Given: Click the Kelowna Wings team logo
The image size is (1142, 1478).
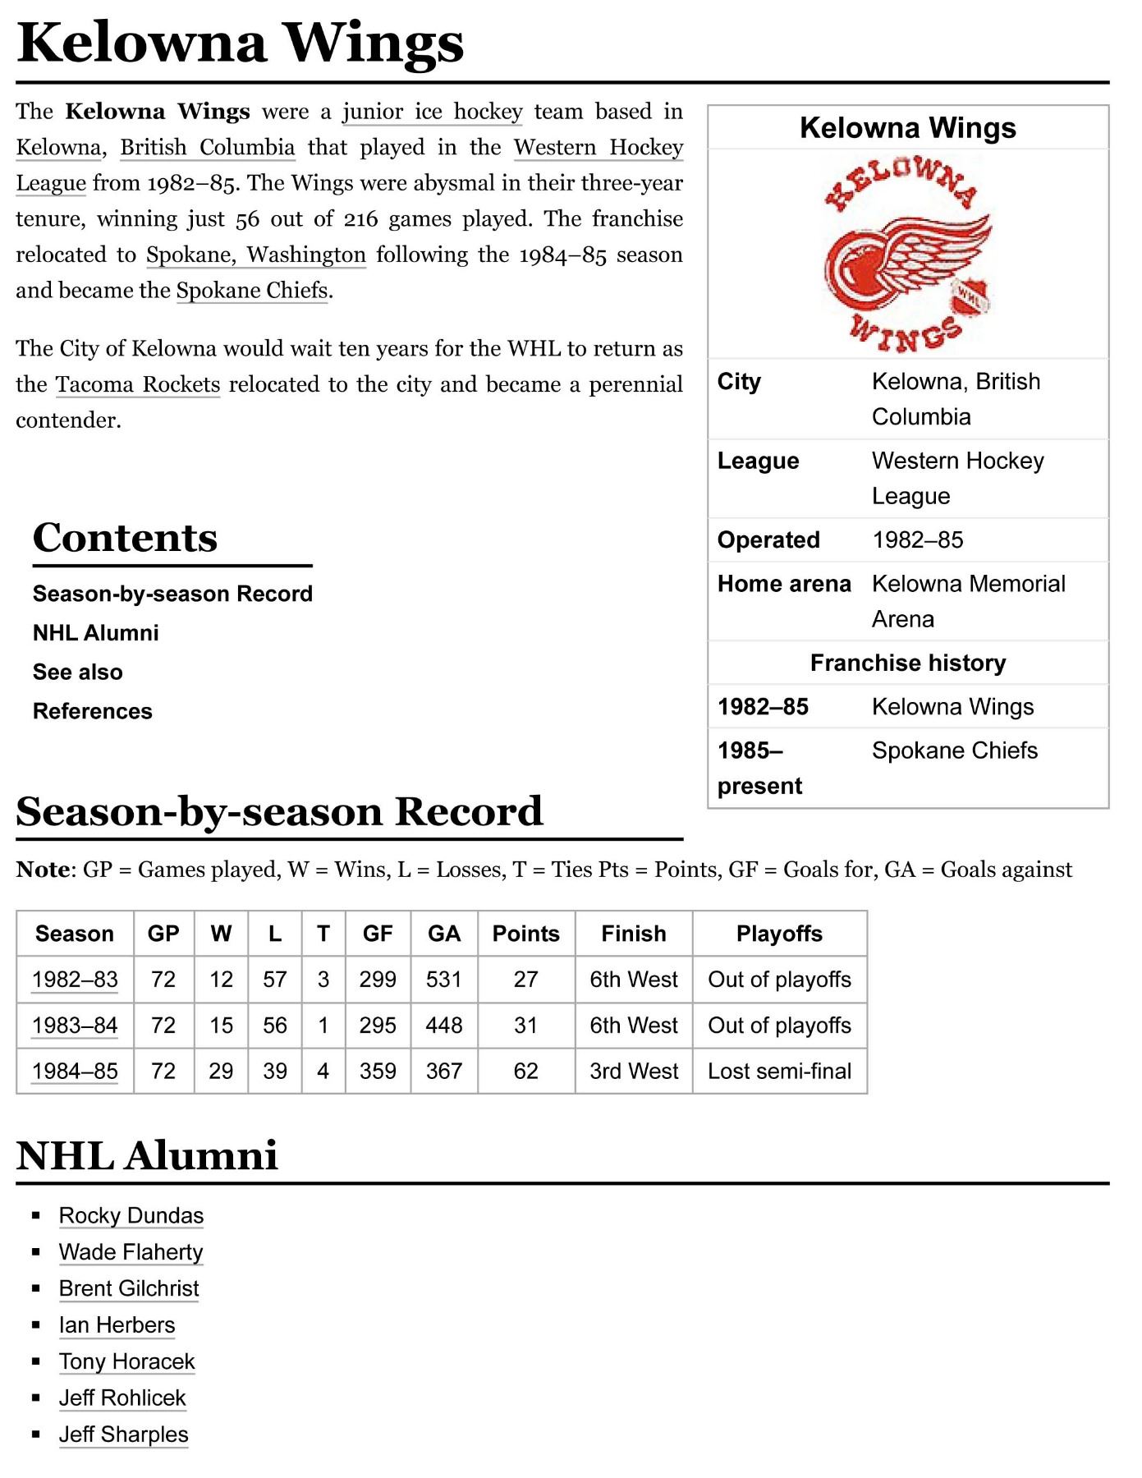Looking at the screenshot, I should [x=907, y=255].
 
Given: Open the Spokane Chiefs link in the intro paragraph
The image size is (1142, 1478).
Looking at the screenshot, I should [x=252, y=291].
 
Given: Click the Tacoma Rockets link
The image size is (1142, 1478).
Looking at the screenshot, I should [x=138, y=384].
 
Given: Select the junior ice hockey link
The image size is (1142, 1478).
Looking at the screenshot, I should [x=432, y=112].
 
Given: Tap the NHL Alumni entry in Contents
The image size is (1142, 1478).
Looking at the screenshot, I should [x=96, y=633].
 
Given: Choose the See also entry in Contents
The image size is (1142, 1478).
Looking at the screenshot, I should [x=78, y=672].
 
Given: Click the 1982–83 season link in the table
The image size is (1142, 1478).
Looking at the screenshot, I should [x=75, y=980].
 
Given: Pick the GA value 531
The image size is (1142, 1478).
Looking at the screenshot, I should [x=444, y=980].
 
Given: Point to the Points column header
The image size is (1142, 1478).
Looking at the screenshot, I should [x=525, y=934].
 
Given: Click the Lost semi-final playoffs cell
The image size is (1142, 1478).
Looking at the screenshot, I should [x=779, y=1072].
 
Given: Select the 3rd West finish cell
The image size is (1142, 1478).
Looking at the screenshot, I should [x=634, y=1072].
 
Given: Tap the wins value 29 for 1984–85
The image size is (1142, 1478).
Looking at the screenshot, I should [x=221, y=1072].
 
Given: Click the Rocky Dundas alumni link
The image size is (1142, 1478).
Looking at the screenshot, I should [x=131, y=1216].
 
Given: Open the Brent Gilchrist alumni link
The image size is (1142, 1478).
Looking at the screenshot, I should [x=129, y=1289].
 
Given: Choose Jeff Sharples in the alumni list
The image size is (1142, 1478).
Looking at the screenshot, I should [x=124, y=1434].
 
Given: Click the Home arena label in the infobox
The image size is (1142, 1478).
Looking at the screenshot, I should [x=784, y=584].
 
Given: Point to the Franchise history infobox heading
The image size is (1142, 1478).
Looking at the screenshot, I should [x=908, y=663].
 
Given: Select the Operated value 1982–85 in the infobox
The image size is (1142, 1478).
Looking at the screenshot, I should [x=918, y=540].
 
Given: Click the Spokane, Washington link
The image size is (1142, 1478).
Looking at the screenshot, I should [x=256, y=255].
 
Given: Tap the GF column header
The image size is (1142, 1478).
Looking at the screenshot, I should [x=378, y=934].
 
